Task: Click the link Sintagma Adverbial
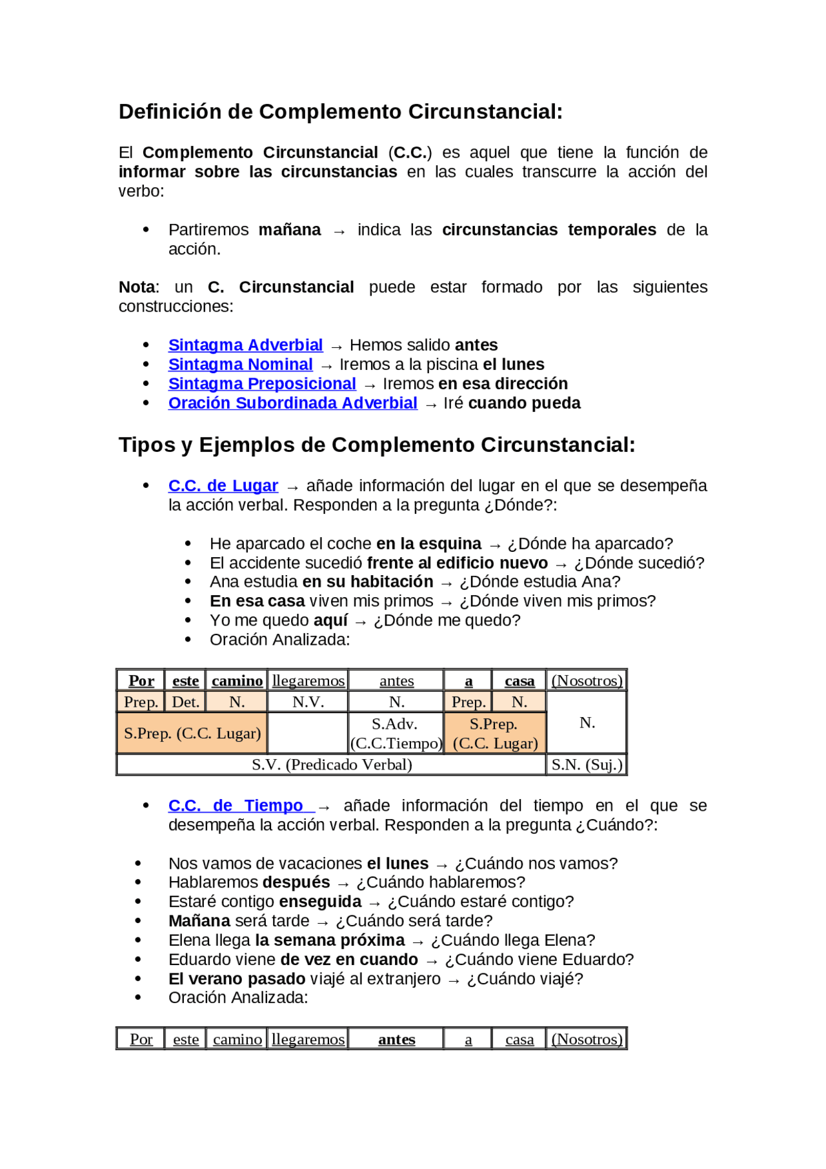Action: (x=245, y=345)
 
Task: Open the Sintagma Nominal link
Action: (x=240, y=365)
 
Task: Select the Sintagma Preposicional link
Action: (x=262, y=384)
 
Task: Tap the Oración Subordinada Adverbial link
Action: (x=292, y=403)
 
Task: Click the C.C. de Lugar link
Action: (x=223, y=486)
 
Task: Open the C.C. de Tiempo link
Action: (x=236, y=806)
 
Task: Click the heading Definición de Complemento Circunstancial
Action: (x=340, y=112)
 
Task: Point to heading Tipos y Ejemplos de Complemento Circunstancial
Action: (x=376, y=445)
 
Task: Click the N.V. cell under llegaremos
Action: (x=308, y=702)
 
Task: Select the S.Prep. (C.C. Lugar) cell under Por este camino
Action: (x=192, y=733)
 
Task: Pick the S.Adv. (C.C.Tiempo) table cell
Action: (x=396, y=734)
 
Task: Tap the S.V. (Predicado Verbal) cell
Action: (x=331, y=765)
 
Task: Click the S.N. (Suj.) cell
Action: (x=587, y=765)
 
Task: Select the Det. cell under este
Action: (x=185, y=702)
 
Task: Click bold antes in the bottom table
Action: (x=396, y=1040)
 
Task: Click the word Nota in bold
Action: (x=137, y=287)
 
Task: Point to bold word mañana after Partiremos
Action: (x=289, y=230)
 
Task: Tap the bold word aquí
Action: (x=330, y=621)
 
